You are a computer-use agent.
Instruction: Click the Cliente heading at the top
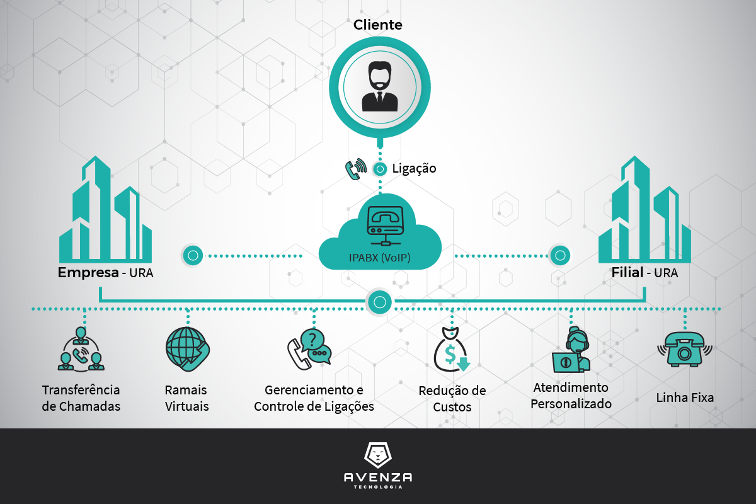pyautogui.click(x=378, y=25)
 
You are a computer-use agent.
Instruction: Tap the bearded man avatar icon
pyautogui.click(x=380, y=89)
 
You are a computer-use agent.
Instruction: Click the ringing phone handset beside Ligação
pyautogui.click(x=355, y=169)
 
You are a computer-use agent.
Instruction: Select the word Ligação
pyautogui.click(x=414, y=169)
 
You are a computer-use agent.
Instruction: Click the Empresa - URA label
pyautogui.click(x=106, y=273)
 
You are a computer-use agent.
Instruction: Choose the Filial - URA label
pyautogui.click(x=644, y=273)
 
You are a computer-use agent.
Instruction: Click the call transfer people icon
pyautogui.click(x=80, y=349)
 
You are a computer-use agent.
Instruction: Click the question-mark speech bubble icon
pyautogui.click(x=309, y=348)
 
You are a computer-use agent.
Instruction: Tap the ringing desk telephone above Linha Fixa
pyautogui.click(x=684, y=348)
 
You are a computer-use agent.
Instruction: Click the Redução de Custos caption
pyautogui.click(x=452, y=399)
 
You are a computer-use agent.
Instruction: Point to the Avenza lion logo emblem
pyautogui.click(x=378, y=455)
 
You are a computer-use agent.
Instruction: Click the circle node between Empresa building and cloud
pyautogui.click(x=193, y=255)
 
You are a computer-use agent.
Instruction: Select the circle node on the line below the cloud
pyautogui.click(x=379, y=302)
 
